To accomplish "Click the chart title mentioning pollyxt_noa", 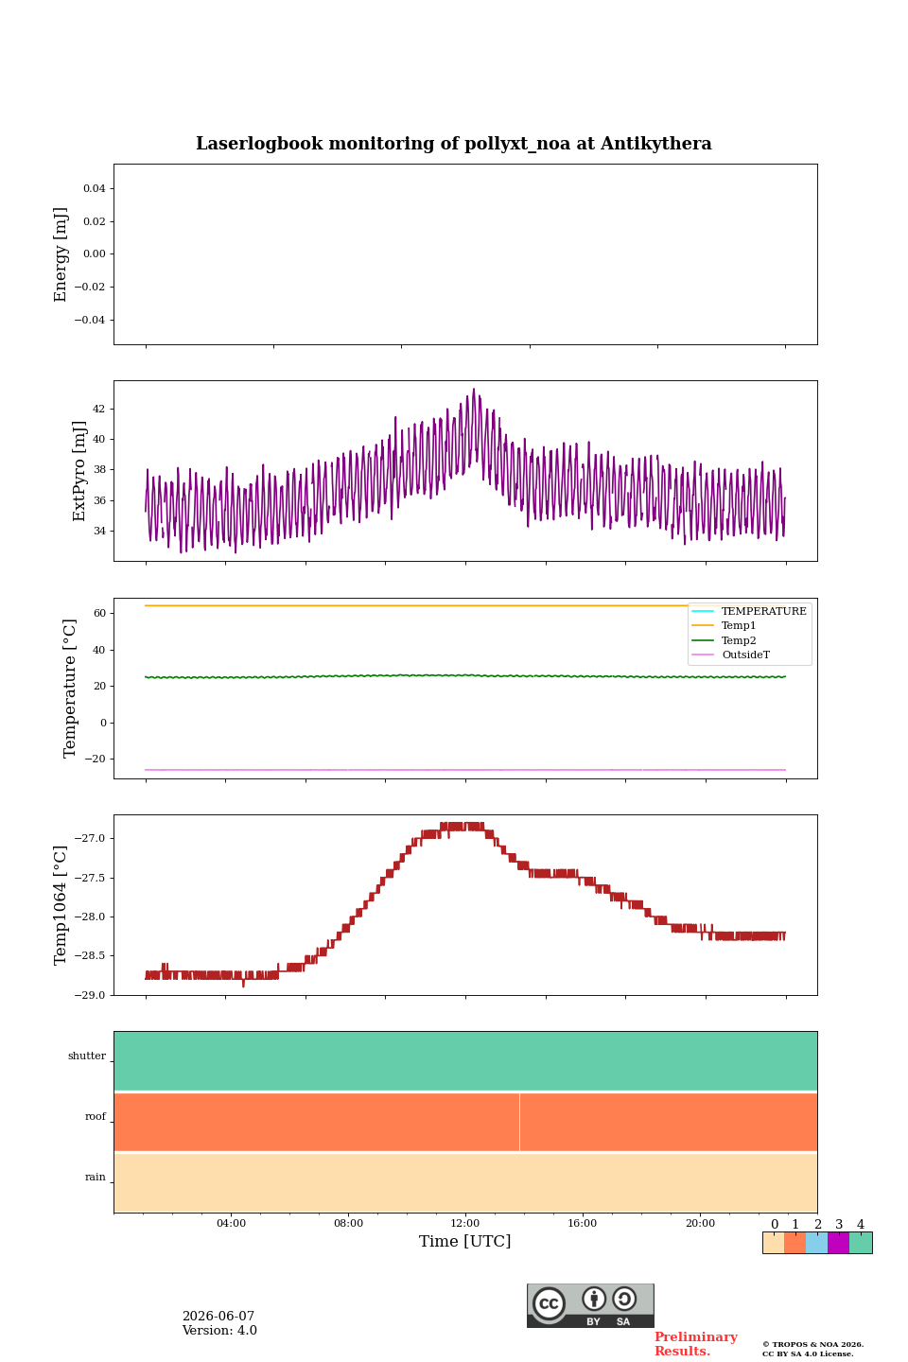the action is (x=453, y=144).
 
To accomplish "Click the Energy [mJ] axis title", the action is (x=60, y=254).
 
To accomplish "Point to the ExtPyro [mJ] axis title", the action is (x=79, y=471).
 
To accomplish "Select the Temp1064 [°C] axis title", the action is (x=60, y=905).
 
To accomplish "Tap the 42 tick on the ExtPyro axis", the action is (x=98, y=409).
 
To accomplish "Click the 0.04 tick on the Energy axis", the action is (x=95, y=188).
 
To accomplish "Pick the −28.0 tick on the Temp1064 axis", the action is (x=90, y=917).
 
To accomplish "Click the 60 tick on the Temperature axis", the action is (x=99, y=613).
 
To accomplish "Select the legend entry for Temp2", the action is (x=724, y=640).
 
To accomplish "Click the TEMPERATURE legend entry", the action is (x=749, y=611).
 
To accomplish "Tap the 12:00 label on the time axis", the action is (x=465, y=1223).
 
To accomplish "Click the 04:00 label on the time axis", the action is (x=231, y=1223).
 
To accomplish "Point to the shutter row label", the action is (x=87, y=1056).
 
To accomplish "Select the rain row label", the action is (x=96, y=1177).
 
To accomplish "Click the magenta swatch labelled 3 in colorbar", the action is (x=839, y=1243).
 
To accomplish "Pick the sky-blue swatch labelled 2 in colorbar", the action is (x=817, y=1243).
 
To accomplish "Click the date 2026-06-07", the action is (x=218, y=1316).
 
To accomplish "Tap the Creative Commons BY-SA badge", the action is (x=590, y=1305).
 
